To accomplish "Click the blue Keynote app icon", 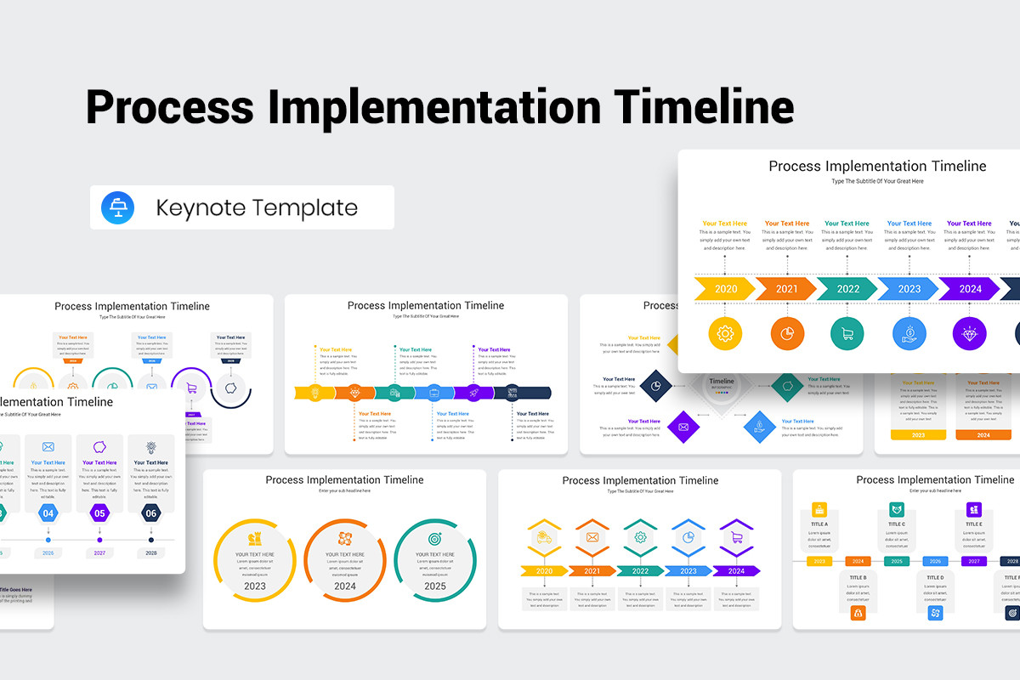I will (117, 207).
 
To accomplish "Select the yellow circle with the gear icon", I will (725, 333).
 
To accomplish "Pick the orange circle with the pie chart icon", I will (787, 333).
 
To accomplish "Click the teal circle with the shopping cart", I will (847, 333).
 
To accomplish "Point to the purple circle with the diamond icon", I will (970, 333).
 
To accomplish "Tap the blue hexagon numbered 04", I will (48, 513).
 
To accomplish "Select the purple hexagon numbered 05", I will (99, 513).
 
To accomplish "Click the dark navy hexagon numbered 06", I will (151, 513).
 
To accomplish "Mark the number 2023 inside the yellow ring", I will (254, 586).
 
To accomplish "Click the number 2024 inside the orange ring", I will (345, 586).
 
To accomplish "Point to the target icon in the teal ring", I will (434, 538).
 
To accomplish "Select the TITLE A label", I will (819, 524).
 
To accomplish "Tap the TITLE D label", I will (935, 578).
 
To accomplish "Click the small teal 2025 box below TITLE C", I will (897, 561).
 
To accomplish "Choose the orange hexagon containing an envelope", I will (592, 537).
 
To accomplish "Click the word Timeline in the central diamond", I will (721, 382).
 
